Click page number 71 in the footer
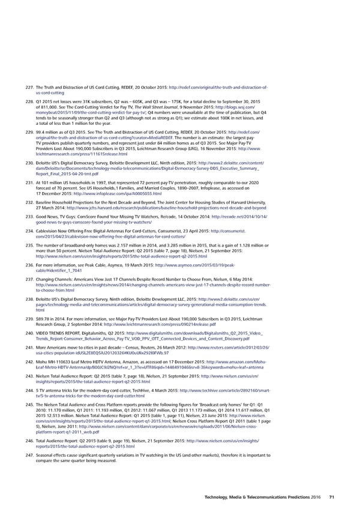pyautogui.click(x=331, y=496)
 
